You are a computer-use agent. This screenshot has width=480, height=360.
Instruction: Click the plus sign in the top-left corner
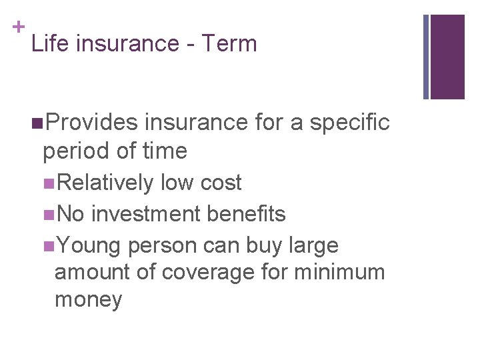16,27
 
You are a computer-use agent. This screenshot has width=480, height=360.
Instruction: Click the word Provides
93,123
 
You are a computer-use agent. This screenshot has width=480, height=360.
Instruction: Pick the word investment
145,214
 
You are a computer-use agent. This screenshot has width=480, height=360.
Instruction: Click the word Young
89,246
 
